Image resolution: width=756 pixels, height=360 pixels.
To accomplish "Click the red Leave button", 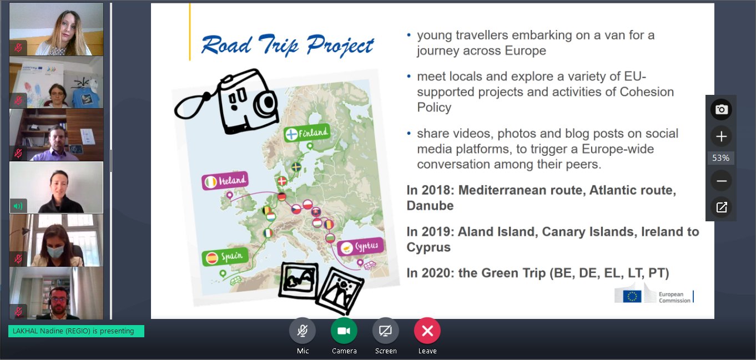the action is coord(427,331).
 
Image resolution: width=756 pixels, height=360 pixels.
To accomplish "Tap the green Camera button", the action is coord(344,331).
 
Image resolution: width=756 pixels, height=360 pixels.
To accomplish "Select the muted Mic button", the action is coord(303,331).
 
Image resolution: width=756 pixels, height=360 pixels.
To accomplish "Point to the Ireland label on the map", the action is coord(225,181).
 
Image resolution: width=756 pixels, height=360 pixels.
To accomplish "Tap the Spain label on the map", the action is coord(225,257).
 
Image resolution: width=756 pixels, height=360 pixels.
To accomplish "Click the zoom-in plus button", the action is coord(721,136).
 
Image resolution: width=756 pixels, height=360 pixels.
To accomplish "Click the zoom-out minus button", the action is coord(721,181).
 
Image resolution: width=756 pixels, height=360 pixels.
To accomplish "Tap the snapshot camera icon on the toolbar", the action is coord(721,109).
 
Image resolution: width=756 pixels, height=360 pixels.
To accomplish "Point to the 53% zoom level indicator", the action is coord(721,158).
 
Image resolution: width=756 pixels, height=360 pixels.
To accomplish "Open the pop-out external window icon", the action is coord(721,207).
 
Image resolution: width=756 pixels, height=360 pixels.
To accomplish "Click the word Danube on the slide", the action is coord(430,205).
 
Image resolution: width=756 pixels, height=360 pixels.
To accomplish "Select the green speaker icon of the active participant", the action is coord(18,206).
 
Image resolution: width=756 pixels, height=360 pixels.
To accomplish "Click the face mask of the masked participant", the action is coord(55,251).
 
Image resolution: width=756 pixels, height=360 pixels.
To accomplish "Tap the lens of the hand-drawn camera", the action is coord(266,103).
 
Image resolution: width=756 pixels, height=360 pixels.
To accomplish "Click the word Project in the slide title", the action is coord(340,45).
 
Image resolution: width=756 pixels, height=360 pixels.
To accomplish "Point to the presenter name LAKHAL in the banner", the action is coord(26,331).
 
